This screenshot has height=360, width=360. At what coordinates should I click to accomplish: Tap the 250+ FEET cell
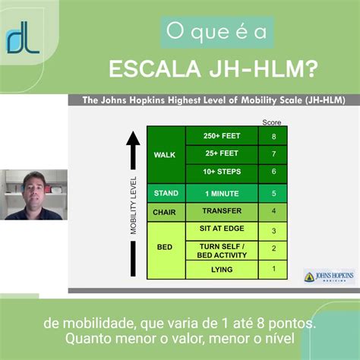[223, 136]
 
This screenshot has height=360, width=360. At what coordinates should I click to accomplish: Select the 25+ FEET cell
[223, 153]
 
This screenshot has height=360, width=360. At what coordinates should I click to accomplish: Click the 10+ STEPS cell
[223, 172]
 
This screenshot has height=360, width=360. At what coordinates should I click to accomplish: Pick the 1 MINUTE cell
[223, 193]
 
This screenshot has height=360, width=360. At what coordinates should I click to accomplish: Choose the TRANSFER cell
[223, 212]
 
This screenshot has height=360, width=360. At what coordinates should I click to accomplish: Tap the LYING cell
[223, 269]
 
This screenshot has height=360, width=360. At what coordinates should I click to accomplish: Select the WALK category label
[164, 154]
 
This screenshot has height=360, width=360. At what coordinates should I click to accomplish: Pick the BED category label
[164, 248]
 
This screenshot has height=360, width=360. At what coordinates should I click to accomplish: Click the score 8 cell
[274, 136]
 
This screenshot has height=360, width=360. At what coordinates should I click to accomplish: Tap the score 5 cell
[274, 193]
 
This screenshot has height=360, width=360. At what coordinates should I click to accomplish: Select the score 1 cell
[274, 269]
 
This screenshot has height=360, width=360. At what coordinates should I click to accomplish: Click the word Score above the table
[271, 122]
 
